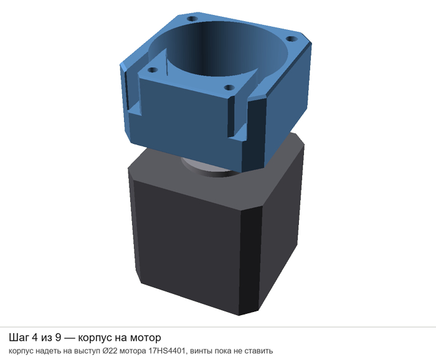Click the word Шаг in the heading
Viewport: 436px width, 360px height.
tap(19, 338)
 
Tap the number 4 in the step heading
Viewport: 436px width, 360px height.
tap(34, 338)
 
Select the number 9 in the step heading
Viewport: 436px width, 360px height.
tap(58, 338)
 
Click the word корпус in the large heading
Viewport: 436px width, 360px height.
tap(95, 339)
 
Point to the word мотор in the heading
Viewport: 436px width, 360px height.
tap(146, 338)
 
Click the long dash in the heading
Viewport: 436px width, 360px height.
tap(70, 338)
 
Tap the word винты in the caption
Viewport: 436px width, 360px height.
tap(197, 351)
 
